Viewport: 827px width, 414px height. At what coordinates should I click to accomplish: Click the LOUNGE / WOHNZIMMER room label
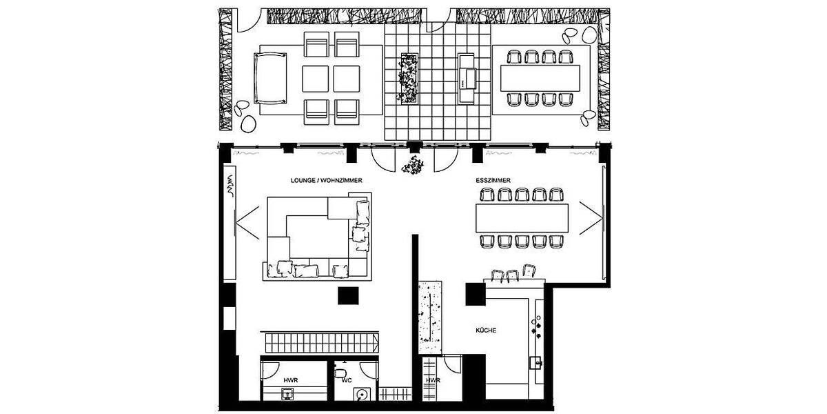[327, 180]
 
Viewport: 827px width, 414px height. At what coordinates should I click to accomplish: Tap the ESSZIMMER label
[493, 180]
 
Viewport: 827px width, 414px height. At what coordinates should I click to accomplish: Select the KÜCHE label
[486, 331]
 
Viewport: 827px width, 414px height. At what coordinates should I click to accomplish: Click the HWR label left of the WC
[291, 379]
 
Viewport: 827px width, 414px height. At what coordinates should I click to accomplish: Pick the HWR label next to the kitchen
[433, 379]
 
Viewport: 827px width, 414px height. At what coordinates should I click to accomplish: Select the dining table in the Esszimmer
[522, 218]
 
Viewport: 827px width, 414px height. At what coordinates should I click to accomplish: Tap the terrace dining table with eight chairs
[541, 78]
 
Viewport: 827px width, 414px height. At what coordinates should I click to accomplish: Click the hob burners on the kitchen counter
[538, 321]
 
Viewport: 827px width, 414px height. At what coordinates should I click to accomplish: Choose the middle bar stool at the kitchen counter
[512, 275]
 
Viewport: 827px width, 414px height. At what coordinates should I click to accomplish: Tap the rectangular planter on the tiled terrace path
[410, 77]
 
